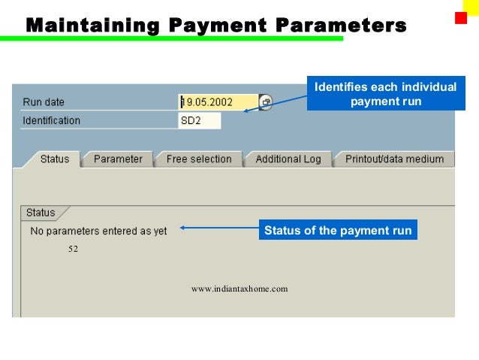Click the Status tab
pyautogui.click(x=54, y=159)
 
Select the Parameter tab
pyautogui.click(x=118, y=159)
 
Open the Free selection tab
pyautogui.click(x=199, y=159)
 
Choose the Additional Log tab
pyautogui.click(x=288, y=159)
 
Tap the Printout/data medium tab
pyautogui.click(x=394, y=159)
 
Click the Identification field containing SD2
pyautogui.click(x=200, y=120)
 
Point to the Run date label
pyautogui.click(x=44, y=102)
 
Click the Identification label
pyautogui.click(x=51, y=120)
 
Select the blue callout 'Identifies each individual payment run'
pyautogui.click(x=385, y=94)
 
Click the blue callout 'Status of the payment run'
pyautogui.click(x=338, y=231)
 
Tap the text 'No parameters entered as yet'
pyautogui.click(x=98, y=231)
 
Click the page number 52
pyautogui.click(x=73, y=249)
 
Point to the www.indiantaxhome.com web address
pyautogui.click(x=239, y=289)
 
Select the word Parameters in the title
pyautogui.click(x=342, y=26)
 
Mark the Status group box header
pyautogui.click(x=41, y=213)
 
